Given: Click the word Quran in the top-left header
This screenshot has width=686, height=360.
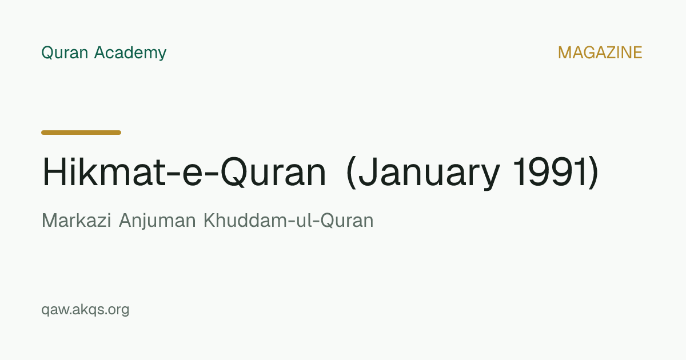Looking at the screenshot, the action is click(x=65, y=53).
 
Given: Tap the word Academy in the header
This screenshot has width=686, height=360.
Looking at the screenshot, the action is click(x=130, y=53).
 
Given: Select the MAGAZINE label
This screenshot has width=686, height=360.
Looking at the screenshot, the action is click(x=600, y=53).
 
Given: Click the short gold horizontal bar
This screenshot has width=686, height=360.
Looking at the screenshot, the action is click(x=81, y=133).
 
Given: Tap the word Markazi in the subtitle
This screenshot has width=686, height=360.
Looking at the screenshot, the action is click(x=76, y=221).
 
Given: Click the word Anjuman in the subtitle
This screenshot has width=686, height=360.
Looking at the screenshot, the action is click(x=157, y=221).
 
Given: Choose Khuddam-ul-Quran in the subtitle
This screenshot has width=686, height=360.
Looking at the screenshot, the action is click(x=289, y=221).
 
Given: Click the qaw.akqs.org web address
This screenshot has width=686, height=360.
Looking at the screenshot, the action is click(x=85, y=310).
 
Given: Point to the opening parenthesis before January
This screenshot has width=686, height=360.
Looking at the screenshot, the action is click(x=351, y=173).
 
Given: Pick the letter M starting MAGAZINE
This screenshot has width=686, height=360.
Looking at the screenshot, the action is click(x=565, y=53).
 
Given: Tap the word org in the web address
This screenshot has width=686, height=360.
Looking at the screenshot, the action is click(x=118, y=311).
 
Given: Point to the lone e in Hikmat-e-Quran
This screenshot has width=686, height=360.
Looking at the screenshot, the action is click(x=192, y=175).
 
